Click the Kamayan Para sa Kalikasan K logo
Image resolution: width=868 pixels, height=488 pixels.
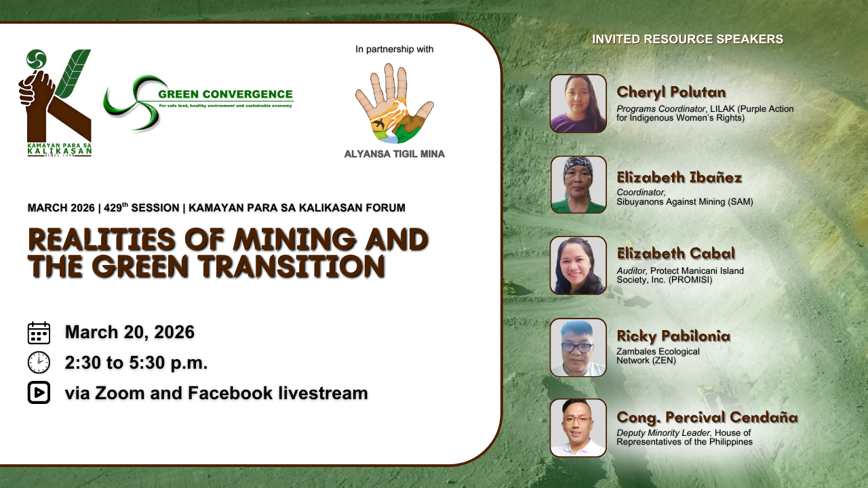point(55,102)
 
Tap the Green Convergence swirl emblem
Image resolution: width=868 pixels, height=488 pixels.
point(132,102)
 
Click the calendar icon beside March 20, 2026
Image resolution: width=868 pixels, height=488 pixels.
point(39,333)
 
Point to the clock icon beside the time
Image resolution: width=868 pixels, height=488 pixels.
point(39,363)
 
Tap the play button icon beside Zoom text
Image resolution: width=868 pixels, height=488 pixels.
point(39,392)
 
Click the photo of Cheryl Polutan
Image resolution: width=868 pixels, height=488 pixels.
point(578,104)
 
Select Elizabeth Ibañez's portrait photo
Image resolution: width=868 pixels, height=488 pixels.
point(578,184)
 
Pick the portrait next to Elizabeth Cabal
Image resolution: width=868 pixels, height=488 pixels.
point(578,265)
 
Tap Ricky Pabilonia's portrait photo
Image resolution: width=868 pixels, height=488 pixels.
point(578,348)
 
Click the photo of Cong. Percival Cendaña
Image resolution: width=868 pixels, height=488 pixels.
point(578,428)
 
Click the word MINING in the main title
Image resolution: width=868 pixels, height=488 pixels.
point(294,239)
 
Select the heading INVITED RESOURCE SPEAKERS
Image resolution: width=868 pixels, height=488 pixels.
point(688,39)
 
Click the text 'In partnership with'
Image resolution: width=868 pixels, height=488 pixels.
point(395,49)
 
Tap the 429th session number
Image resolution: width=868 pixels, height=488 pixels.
point(116,207)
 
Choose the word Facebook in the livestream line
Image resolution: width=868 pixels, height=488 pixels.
point(230,392)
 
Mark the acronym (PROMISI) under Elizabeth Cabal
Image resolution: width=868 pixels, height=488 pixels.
point(690,280)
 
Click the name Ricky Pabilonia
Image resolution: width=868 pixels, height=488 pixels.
point(673,335)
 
